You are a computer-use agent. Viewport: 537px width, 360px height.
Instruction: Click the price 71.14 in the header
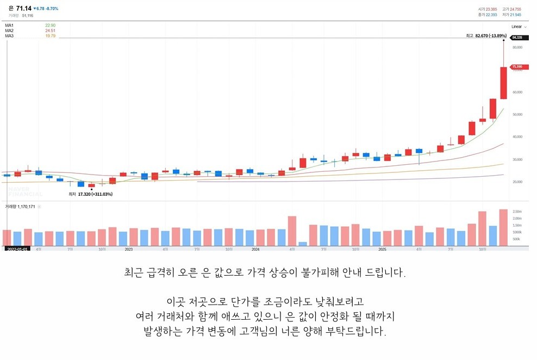(23, 8)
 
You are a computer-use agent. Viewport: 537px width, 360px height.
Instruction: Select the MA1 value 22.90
(50, 25)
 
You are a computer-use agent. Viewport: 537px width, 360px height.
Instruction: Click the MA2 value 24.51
(50, 30)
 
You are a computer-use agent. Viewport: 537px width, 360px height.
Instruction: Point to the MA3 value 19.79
(50, 36)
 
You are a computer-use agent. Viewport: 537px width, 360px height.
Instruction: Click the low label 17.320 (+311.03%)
(95, 194)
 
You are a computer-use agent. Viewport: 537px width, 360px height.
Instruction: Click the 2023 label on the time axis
(129, 249)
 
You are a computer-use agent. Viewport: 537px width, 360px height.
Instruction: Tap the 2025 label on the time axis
(382, 249)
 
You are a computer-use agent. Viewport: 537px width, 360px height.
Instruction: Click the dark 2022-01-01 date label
(17, 249)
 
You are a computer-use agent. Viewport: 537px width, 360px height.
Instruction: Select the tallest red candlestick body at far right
(503, 83)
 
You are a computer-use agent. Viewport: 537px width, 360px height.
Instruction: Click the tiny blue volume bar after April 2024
(303, 244)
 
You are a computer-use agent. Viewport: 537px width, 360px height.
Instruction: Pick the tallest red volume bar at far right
(503, 227)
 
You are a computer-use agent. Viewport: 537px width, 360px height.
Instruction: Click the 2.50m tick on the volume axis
(517, 212)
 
